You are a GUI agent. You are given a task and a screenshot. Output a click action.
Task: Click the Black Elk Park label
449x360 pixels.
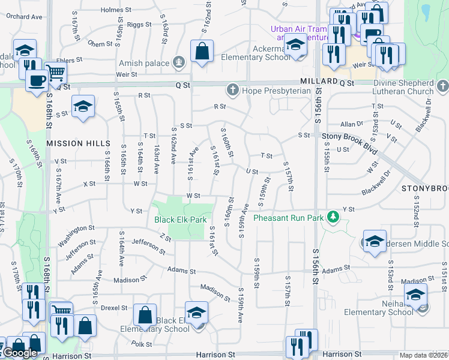180,220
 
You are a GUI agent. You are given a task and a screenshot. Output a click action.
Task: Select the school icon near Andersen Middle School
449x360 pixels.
375,241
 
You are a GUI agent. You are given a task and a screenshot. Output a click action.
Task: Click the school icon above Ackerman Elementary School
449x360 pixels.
295,44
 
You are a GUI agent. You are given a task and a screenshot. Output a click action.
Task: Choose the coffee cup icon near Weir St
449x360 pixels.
37,80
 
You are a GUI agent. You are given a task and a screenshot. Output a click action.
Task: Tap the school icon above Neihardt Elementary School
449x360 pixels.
415,294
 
